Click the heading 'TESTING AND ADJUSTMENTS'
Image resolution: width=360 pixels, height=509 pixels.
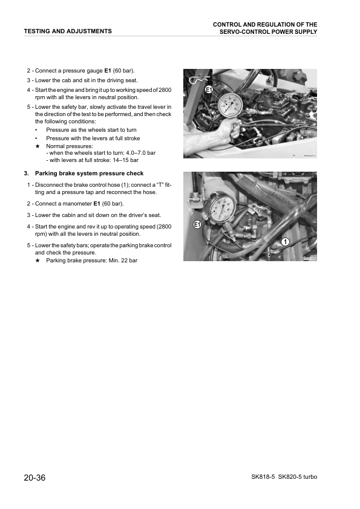(x=67, y=31)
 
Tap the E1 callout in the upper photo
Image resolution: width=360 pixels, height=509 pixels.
(x=209, y=91)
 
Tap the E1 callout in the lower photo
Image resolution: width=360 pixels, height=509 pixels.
(x=197, y=225)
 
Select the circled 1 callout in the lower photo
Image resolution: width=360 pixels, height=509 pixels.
(x=284, y=242)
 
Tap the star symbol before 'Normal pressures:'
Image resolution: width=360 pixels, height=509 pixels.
(x=38, y=146)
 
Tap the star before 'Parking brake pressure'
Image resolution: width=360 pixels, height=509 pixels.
(x=38, y=261)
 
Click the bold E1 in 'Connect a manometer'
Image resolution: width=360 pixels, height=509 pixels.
(x=96, y=204)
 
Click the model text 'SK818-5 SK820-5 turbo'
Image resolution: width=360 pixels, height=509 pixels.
(x=284, y=478)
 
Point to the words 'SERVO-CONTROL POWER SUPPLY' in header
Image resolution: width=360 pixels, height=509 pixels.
(x=268, y=32)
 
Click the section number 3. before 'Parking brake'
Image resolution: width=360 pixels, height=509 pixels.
(x=27, y=173)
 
